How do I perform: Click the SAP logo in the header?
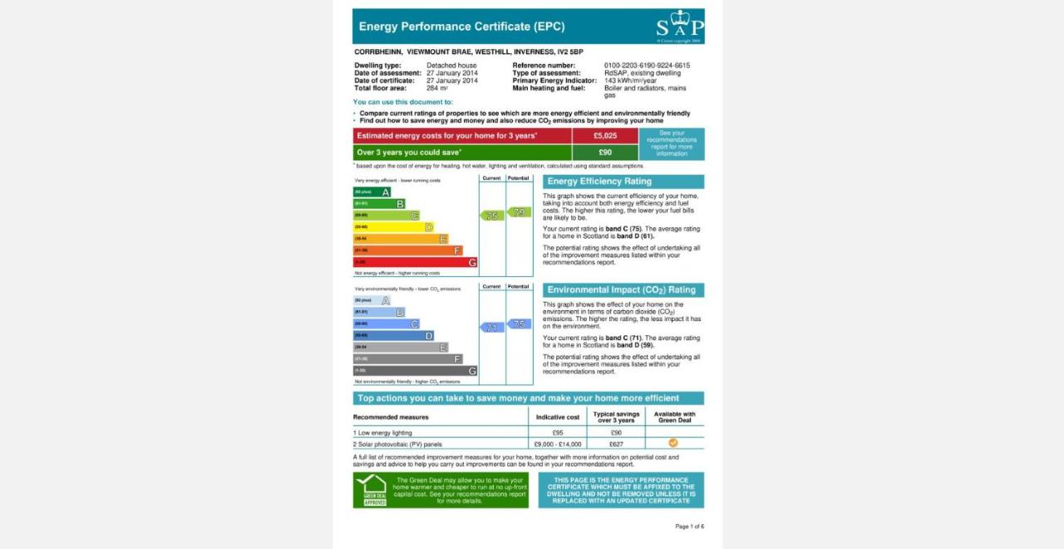(x=679, y=27)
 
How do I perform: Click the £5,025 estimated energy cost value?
(x=605, y=136)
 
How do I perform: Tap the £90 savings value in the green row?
(x=605, y=152)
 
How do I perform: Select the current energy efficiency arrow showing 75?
(x=492, y=215)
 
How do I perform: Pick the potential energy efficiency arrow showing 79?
(x=520, y=212)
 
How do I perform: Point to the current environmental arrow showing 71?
(x=492, y=327)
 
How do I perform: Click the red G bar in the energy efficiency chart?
(x=416, y=262)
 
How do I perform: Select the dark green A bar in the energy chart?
(x=372, y=192)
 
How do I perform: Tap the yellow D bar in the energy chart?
(x=394, y=227)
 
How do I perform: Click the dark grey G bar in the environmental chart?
(x=416, y=371)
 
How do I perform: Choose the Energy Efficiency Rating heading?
(x=599, y=181)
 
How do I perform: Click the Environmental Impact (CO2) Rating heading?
(x=622, y=290)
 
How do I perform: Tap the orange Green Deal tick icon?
(x=673, y=443)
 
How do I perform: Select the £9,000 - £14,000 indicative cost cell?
(x=558, y=444)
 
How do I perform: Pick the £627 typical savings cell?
(x=616, y=444)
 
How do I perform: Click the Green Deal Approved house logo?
(x=371, y=490)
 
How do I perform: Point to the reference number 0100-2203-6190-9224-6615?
(x=647, y=66)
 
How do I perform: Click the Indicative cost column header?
(x=558, y=417)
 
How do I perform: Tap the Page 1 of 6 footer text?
(x=689, y=527)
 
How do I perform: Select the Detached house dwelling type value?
(x=451, y=66)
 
